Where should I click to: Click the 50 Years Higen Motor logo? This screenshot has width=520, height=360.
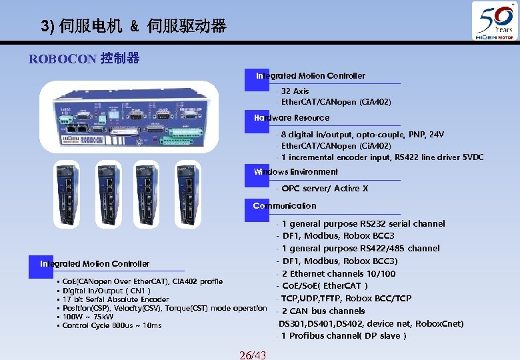pos(495,23)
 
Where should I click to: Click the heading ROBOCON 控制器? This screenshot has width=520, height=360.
pos(84,59)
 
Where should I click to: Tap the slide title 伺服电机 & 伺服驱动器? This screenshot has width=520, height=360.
pos(133,27)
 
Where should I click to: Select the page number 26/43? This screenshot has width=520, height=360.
pos(253,355)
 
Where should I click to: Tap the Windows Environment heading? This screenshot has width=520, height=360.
pos(295,172)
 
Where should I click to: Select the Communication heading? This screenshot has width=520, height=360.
pos(285,206)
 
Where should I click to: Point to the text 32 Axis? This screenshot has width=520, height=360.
pos(295,91)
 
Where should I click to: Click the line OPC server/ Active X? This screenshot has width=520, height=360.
pos(325,189)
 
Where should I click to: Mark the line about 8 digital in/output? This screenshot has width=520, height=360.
pos(362,135)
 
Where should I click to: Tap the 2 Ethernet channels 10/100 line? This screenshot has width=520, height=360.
pos(338,273)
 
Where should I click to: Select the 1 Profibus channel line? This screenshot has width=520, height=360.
pos(343,335)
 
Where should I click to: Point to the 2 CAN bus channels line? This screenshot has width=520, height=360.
pos(323,311)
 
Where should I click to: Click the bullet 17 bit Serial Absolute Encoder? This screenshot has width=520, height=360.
pos(115,299)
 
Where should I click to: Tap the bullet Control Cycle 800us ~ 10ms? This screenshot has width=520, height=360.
pos(111,325)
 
